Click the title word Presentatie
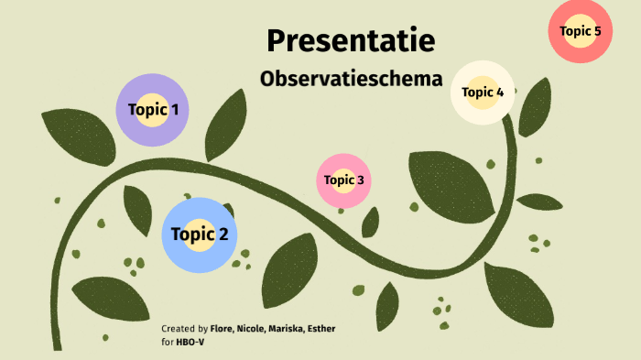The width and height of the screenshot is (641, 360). (351, 40)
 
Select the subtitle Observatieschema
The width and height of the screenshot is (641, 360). (351, 79)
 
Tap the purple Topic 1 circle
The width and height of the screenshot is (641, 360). (153, 110)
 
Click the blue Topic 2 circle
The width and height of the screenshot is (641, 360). (199, 235)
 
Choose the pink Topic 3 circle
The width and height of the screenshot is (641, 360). (344, 180)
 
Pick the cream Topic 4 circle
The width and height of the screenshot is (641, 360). (483, 92)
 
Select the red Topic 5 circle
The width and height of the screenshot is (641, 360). (581, 31)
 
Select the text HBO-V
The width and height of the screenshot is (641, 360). (190, 343)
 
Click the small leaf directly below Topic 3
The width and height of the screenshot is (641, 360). (370, 222)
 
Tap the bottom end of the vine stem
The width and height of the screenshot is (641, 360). (56, 344)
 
